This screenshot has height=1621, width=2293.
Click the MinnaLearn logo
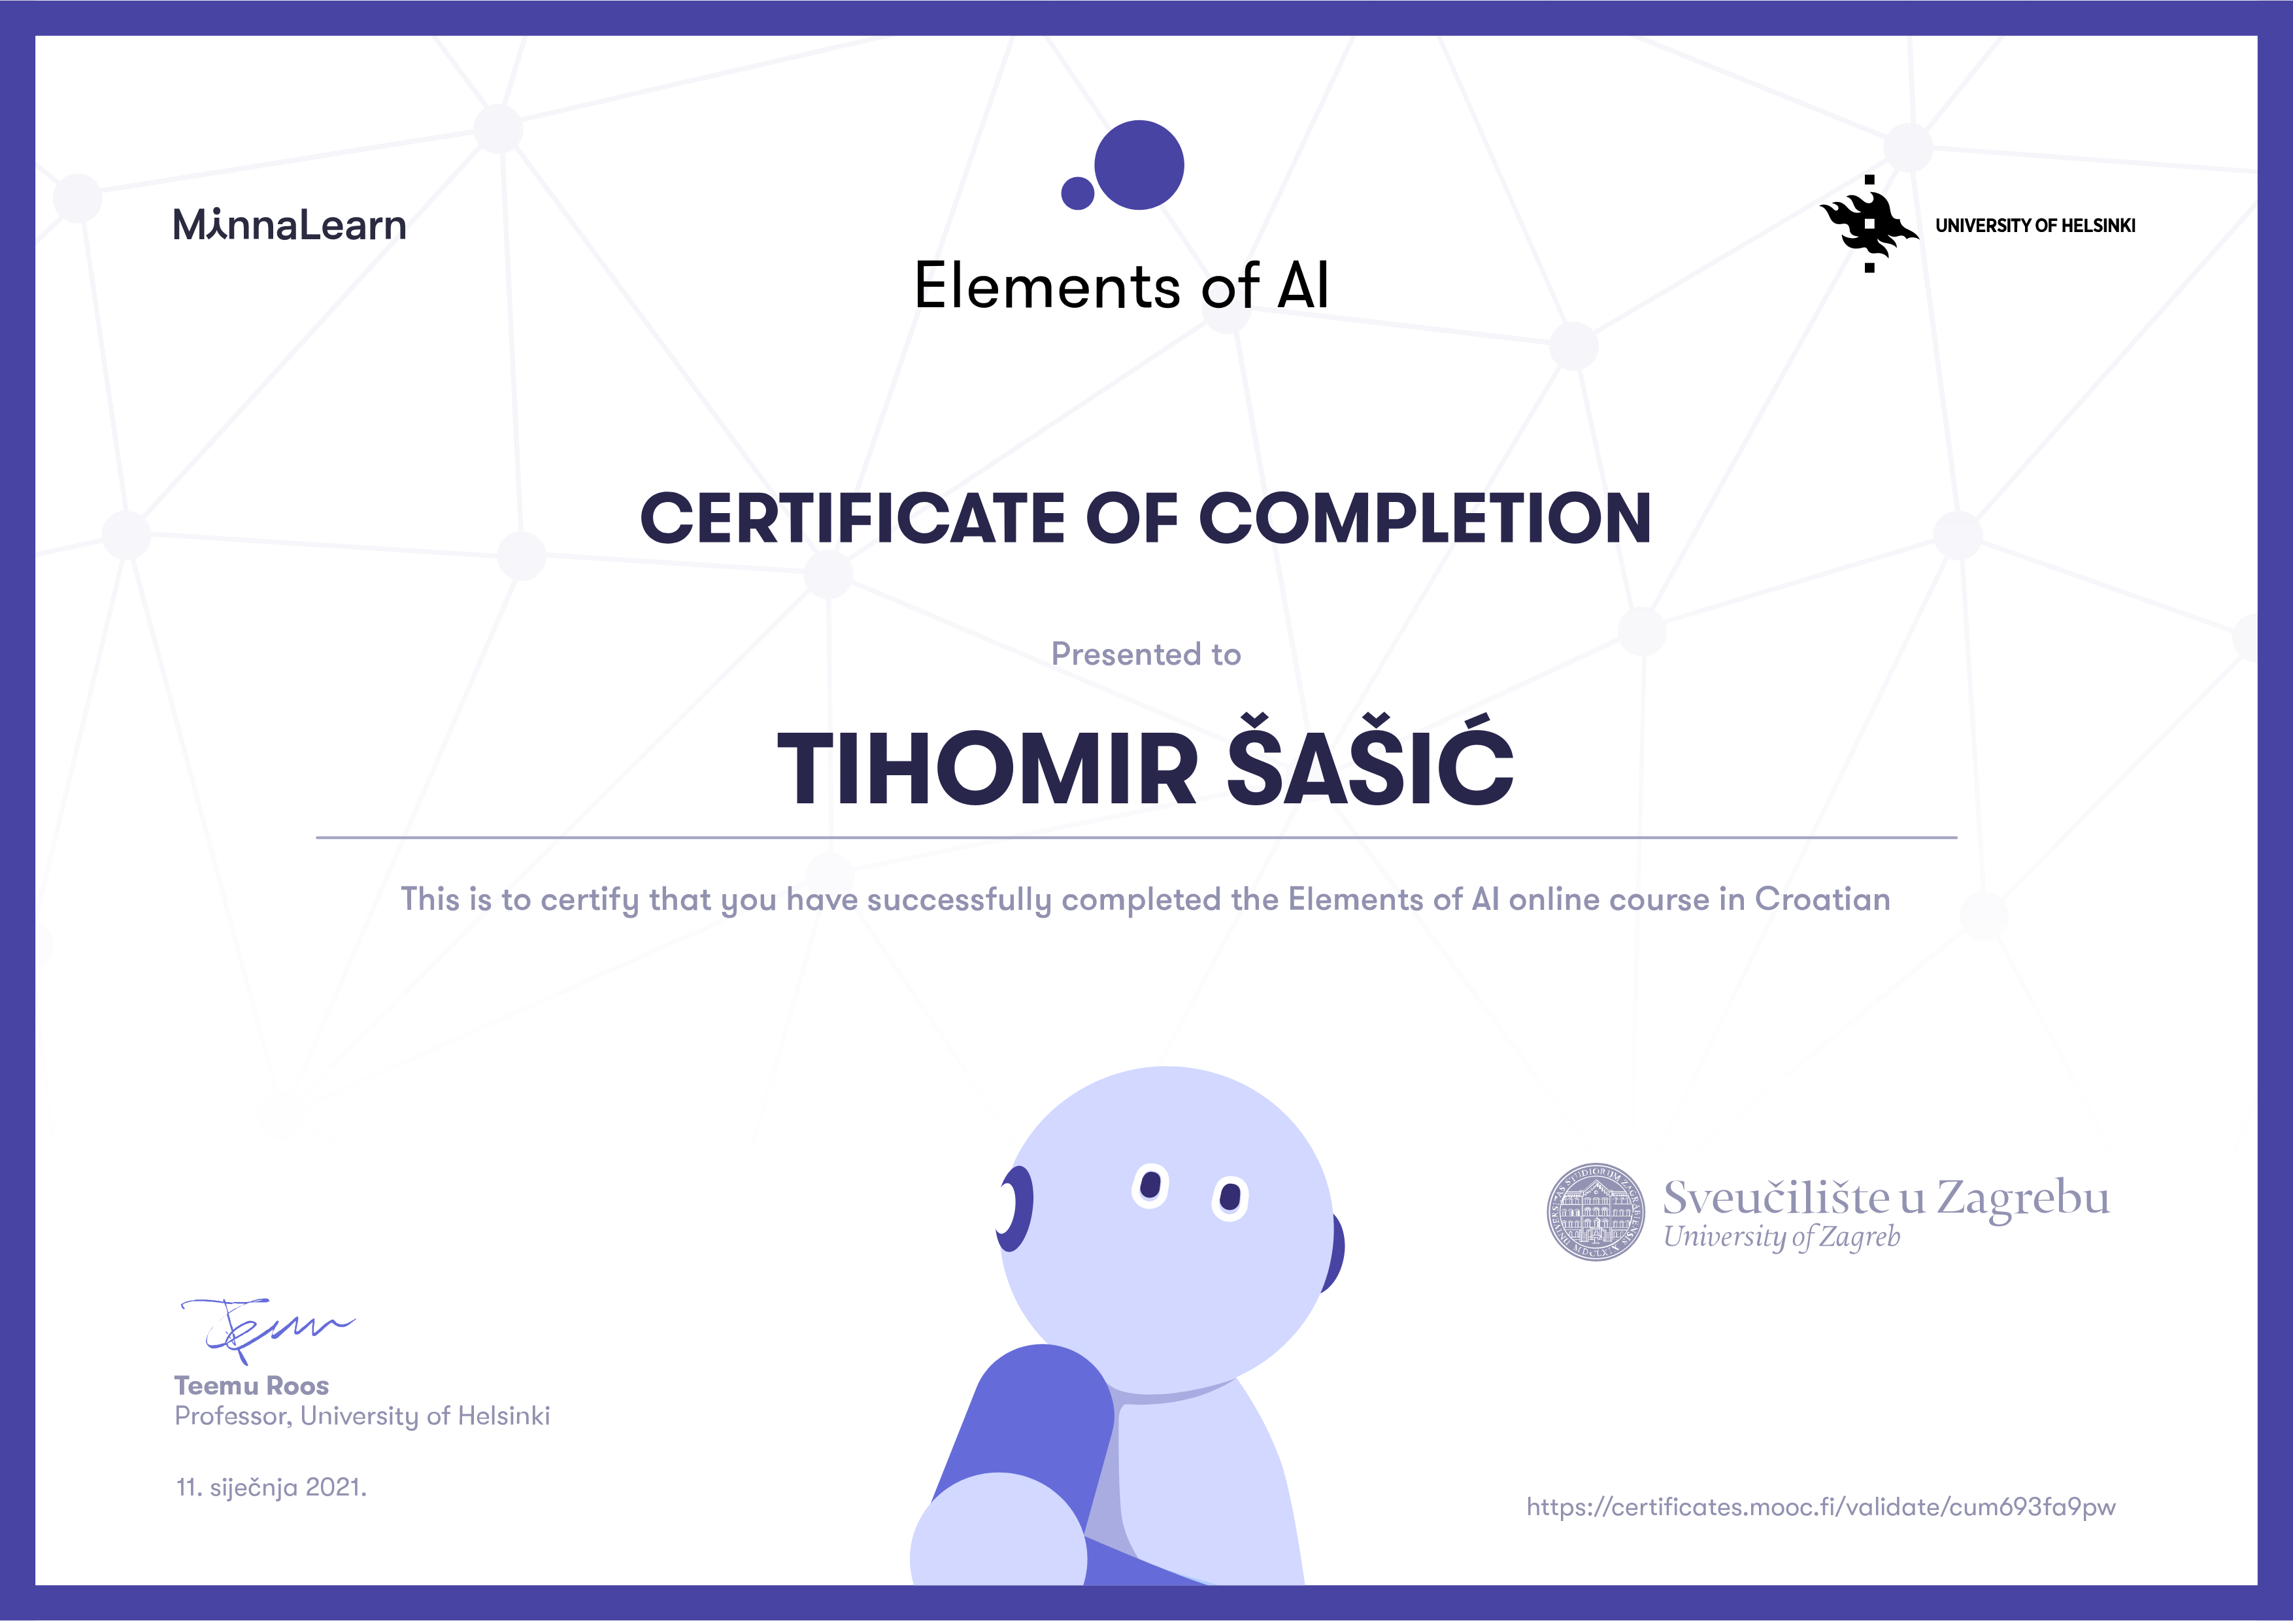(x=290, y=225)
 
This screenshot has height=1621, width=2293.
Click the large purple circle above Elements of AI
(x=1139, y=165)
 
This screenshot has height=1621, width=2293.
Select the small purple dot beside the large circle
(x=1078, y=193)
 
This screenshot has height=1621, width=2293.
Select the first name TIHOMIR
(x=987, y=769)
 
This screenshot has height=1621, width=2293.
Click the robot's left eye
(x=1150, y=1186)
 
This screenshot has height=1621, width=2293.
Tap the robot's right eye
(x=1230, y=1197)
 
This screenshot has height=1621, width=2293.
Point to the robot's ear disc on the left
(x=1014, y=1209)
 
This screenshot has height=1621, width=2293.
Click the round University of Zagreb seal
(x=1596, y=1212)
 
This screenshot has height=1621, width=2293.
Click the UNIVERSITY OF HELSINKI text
(x=2035, y=226)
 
